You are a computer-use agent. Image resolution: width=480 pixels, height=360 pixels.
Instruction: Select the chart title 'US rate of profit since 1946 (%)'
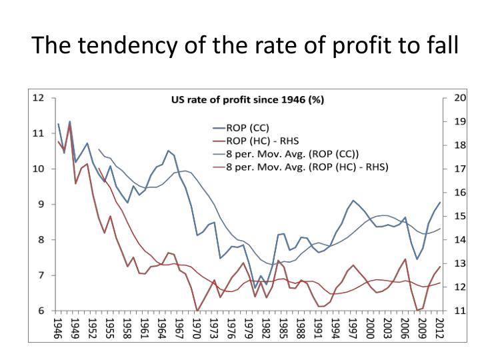tap(248, 101)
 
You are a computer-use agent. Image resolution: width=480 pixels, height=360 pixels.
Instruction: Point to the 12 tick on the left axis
tap(39, 98)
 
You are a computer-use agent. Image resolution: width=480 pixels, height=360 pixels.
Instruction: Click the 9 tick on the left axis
tap(41, 205)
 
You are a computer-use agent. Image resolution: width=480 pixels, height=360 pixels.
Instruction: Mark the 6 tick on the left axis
tap(41, 311)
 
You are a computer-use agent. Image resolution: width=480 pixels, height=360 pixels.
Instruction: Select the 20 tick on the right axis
tap(459, 98)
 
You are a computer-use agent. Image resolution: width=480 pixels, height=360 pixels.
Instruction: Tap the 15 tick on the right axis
tap(459, 216)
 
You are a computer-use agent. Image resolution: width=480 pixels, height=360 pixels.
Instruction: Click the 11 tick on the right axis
tap(459, 311)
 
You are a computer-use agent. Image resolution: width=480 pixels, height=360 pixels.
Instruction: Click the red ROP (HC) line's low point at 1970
tap(197, 310)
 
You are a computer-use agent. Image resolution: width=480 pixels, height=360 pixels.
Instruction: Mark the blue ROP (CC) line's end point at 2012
tap(441, 202)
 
